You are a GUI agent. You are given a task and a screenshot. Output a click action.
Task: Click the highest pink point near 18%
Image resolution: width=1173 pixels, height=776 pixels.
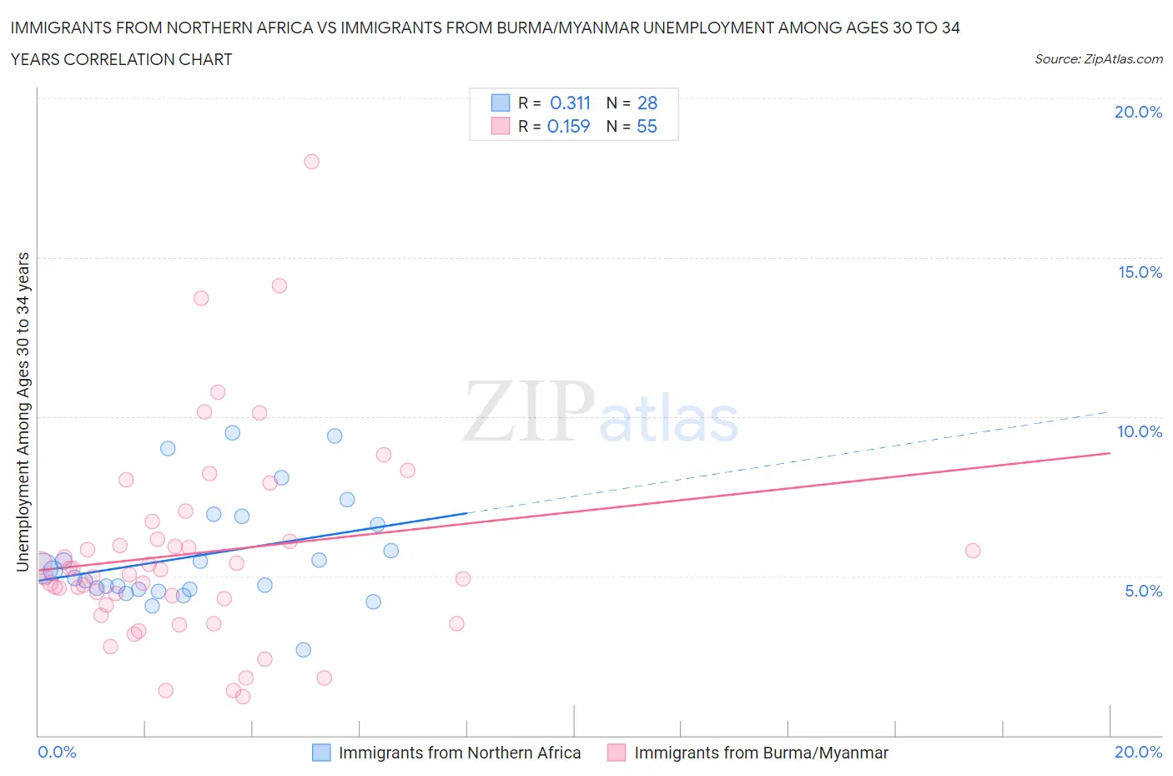click(x=311, y=162)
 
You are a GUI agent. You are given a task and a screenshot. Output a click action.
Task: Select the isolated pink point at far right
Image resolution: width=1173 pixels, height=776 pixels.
click(x=972, y=551)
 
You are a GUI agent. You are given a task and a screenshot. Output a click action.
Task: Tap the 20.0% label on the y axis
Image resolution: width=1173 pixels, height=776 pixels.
click(x=1138, y=112)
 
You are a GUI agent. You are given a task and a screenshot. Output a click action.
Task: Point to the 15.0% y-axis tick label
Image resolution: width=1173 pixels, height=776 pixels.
click(x=1140, y=272)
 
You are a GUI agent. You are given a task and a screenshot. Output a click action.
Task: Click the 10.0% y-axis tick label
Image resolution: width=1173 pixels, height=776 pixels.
click(x=1140, y=431)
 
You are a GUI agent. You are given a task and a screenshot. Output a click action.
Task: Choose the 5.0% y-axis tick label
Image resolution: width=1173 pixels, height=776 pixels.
click(x=1143, y=591)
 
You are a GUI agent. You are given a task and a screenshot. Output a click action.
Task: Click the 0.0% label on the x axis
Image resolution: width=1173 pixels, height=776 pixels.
click(x=57, y=752)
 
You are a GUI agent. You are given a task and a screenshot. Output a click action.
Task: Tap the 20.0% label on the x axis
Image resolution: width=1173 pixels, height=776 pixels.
click(x=1138, y=752)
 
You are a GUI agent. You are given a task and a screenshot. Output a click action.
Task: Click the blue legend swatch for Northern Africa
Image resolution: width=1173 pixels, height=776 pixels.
click(x=321, y=753)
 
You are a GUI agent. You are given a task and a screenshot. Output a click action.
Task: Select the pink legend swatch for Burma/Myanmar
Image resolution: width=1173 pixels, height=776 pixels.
click(x=617, y=753)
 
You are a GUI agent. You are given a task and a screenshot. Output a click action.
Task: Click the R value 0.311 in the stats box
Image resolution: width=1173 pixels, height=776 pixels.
click(x=570, y=103)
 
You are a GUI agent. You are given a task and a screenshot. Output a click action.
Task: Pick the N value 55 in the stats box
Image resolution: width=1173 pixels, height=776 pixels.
click(x=647, y=126)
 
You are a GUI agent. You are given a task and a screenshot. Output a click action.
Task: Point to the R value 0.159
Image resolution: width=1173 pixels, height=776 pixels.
click(x=568, y=126)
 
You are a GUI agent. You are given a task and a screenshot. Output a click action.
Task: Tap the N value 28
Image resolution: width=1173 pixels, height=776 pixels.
click(x=647, y=103)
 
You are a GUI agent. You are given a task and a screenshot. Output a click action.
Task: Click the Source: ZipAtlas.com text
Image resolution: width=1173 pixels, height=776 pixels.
click(x=1098, y=59)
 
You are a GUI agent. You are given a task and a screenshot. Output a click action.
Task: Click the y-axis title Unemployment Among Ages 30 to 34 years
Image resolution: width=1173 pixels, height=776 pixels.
click(x=23, y=411)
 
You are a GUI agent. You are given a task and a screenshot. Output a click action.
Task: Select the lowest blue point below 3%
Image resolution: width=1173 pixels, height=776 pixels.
click(x=303, y=649)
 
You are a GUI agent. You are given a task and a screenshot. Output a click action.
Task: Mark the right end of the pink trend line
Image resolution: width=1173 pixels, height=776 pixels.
click(x=1110, y=452)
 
